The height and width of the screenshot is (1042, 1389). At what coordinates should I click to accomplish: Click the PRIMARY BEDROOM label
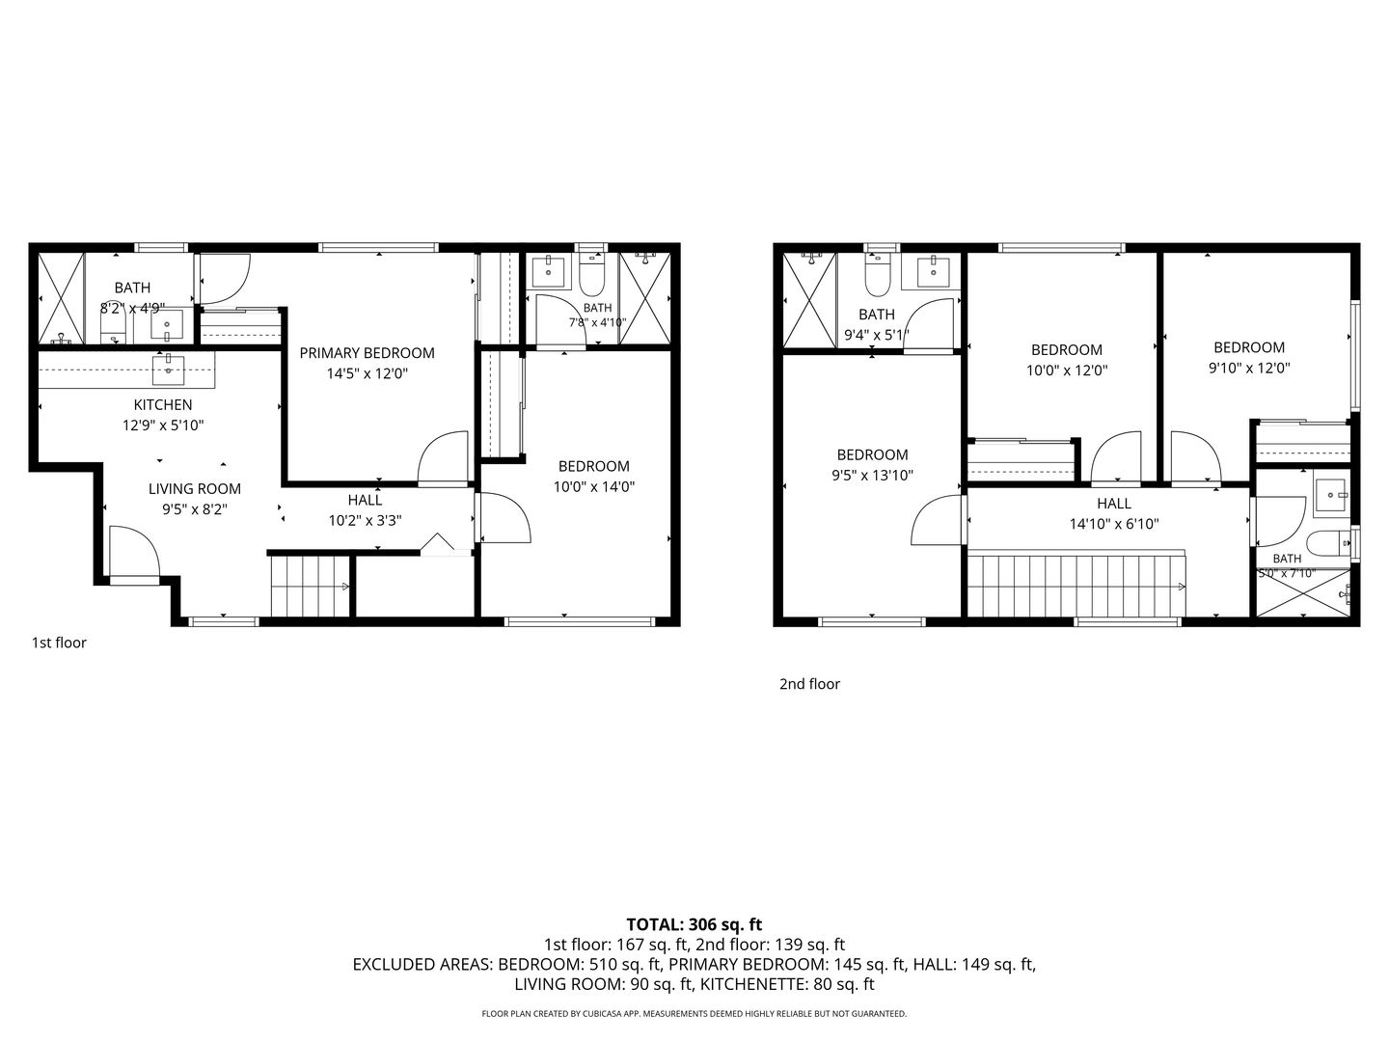pyautogui.click(x=368, y=353)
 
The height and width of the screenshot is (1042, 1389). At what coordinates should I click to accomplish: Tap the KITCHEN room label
pyautogui.click(x=163, y=405)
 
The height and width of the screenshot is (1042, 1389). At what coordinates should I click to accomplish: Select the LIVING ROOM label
pyautogui.click(x=194, y=489)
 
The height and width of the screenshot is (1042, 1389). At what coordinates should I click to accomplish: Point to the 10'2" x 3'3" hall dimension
pyautogui.click(x=366, y=521)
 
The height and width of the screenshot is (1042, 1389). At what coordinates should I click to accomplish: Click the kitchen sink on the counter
pyautogui.click(x=169, y=370)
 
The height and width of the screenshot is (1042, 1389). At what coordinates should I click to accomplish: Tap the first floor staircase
pyautogui.click(x=310, y=586)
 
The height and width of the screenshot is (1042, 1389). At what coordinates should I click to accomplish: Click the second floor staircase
pyautogui.click(x=1076, y=586)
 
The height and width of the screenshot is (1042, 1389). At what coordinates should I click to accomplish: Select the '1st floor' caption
pyautogui.click(x=59, y=643)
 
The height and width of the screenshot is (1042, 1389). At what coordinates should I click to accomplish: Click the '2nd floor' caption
pyautogui.click(x=809, y=684)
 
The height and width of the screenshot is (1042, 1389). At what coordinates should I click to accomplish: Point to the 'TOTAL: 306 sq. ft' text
pyautogui.click(x=694, y=925)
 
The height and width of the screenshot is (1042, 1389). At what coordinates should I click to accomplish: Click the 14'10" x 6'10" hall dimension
pyautogui.click(x=1114, y=524)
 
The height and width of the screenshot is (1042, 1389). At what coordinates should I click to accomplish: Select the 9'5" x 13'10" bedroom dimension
pyautogui.click(x=872, y=475)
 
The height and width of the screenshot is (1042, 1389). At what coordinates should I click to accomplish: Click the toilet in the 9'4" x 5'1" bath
pyautogui.click(x=877, y=276)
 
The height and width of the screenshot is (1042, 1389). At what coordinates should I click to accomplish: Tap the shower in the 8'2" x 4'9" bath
pyautogui.click(x=62, y=299)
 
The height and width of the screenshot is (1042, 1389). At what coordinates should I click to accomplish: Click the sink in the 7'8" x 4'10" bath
pyautogui.click(x=548, y=271)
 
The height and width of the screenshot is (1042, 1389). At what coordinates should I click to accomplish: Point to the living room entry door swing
pyautogui.click(x=135, y=551)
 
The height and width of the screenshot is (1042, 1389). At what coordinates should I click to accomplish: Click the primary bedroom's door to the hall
pyautogui.click(x=443, y=456)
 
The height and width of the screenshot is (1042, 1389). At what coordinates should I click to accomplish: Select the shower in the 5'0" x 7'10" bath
pyautogui.click(x=1303, y=592)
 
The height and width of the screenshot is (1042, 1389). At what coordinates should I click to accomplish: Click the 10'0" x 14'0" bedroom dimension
pyautogui.click(x=593, y=486)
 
